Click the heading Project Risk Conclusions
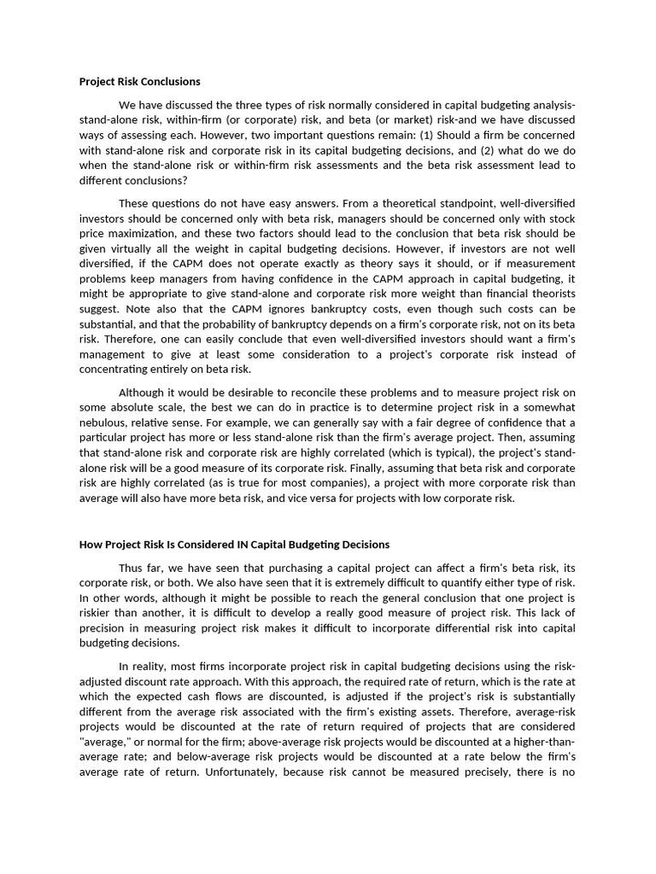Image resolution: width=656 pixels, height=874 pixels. [x=140, y=82]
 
